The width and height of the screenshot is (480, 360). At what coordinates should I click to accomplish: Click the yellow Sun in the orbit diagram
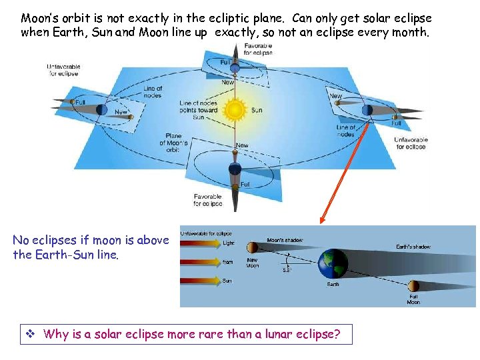pyautogui.click(x=235, y=109)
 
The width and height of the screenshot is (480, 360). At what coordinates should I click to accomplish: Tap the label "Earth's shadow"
pyautogui.click(x=413, y=247)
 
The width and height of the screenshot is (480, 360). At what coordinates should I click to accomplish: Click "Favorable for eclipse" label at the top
pyautogui.click(x=257, y=48)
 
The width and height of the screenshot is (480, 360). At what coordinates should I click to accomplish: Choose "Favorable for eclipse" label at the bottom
pyautogui.click(x=207, y=200)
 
